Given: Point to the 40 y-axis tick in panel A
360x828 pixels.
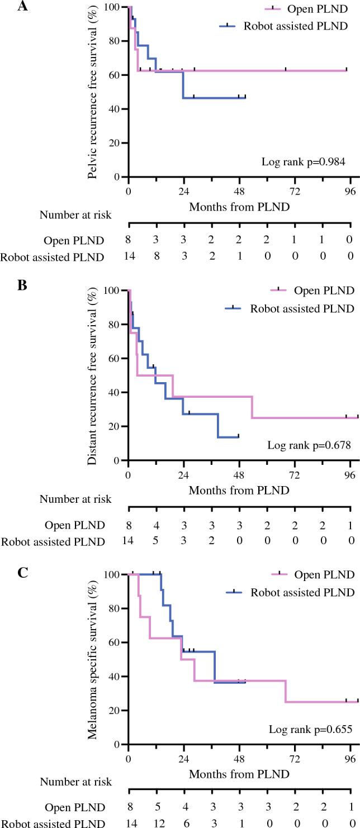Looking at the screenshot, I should click(x=116, y=109).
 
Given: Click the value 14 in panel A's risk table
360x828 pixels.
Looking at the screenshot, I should click(x=129, y=257).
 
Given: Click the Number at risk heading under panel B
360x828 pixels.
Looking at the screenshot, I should click(x=75, y=499).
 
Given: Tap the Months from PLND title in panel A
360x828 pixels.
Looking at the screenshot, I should click(x=239, y=207).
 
